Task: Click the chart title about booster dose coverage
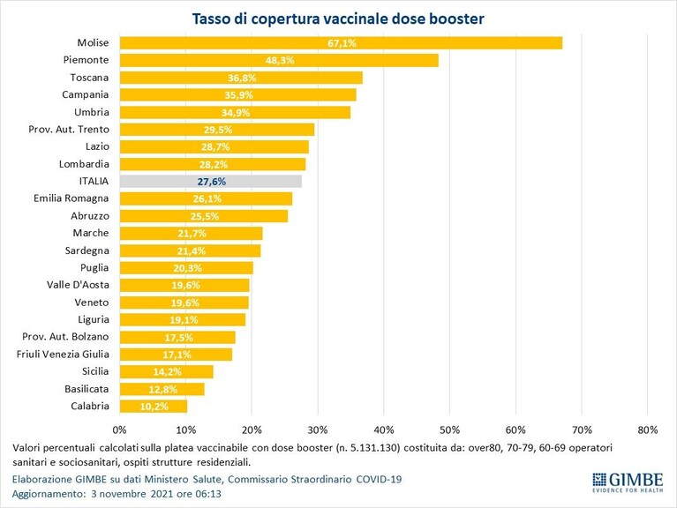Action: [x=338, y=19]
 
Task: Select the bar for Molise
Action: [x=341, y=43]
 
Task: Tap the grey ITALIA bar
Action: [x=211, y=182]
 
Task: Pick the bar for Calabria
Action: [x=154, y=407]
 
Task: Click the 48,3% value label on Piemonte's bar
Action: [x=280, y=60]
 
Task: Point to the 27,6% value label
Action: [x=212, y=182]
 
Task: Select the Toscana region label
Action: [x=89, y=78]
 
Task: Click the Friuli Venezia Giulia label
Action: [x=63, y=354]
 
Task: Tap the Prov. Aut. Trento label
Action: [x=69, y=130]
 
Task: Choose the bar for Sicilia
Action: [x=166, y=371]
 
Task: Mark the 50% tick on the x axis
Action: [x=450, y=430]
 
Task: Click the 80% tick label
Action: [x=648, y=430]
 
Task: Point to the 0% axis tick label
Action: [x=119, y=430]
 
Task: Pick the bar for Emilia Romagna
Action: [x=206, y=198]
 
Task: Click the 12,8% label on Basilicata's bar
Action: [x=162, y=390]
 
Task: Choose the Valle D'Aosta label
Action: [x=79, y=285]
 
